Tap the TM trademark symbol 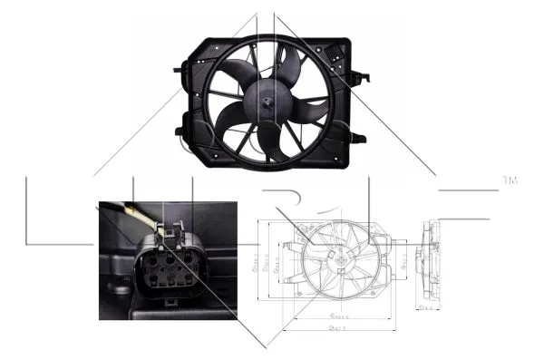coord(510,182)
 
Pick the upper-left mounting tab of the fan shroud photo coord(186,65)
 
